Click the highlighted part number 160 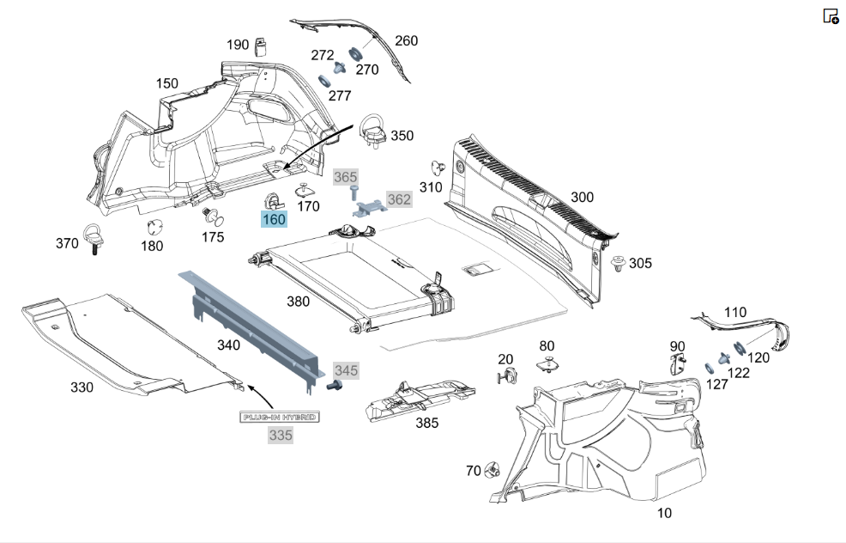(x=274, y=219)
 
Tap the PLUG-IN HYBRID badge (x=279, y=417)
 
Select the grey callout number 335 (x=281, y=436)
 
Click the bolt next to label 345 (x=334, y=386)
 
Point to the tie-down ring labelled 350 (x=372, y=129)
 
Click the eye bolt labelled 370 (x=93, y=238)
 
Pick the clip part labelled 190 (x=261, y=47)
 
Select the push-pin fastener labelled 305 (x=619, y=265)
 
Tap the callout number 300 (x=582, y=198)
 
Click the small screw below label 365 (x=354, y=192)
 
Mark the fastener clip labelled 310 (x=438, y=168)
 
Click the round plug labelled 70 (x=492, y=469)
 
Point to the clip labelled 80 (x=547, y=364)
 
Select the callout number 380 (x=298, y=302)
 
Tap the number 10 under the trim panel (x=664, y=513)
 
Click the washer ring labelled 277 (x=325, y=81)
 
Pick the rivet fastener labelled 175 (x=213, y=217)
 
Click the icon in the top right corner (x=831, y=15)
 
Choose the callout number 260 (x=407, y=41)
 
